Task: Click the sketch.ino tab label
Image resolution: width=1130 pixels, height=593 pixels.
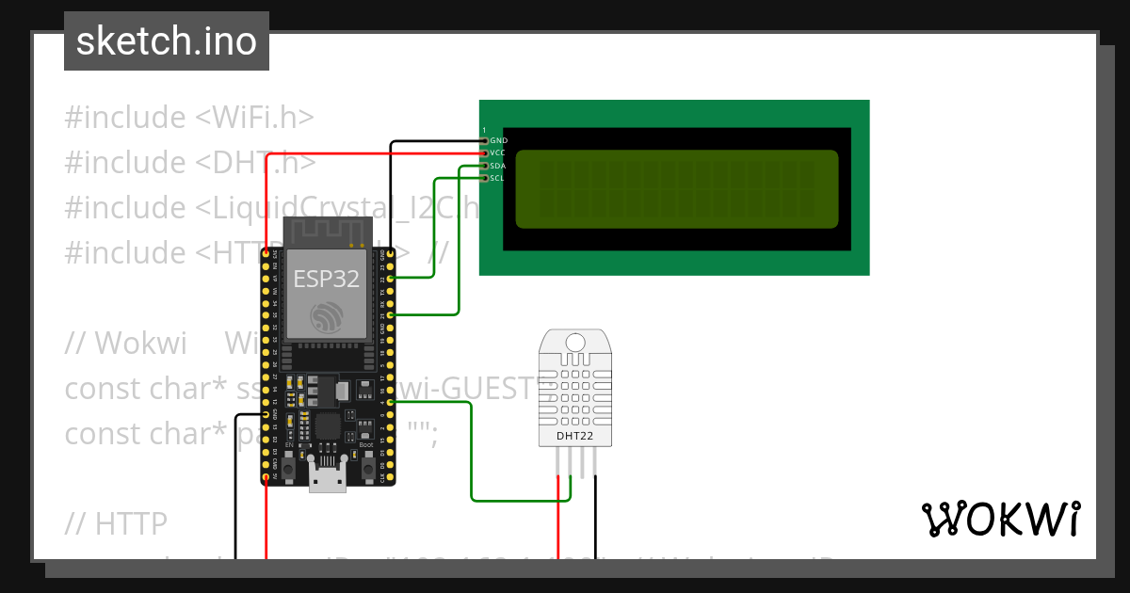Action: coord(167,42)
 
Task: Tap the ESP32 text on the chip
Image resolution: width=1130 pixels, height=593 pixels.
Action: coord(325,280)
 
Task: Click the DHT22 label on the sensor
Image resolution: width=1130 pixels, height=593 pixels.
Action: coord(574,435)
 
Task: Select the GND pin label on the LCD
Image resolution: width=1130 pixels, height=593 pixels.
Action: coord(499,140)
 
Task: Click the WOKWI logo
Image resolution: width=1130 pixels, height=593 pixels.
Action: coord(1000,520)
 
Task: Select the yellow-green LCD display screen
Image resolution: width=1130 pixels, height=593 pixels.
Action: coord(676,188)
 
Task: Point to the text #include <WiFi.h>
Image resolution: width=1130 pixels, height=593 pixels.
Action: coord(188,118)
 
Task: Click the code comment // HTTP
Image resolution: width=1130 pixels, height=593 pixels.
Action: coord(116,522)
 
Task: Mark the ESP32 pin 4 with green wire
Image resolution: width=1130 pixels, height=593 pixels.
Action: coord(390,403)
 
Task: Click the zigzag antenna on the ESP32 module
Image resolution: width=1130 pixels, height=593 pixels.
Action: coord(325,231)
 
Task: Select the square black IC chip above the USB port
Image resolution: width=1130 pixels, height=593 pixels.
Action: coord(328,426)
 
